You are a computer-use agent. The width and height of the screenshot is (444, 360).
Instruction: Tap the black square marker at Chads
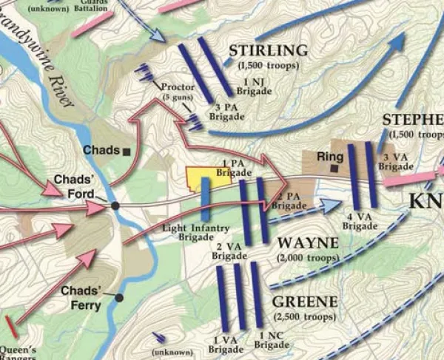[x=127, y=151]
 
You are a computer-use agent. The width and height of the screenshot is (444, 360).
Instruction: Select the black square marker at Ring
[x=335, y=169]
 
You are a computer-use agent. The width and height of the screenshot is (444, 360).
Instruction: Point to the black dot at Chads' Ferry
[x=118, y=297]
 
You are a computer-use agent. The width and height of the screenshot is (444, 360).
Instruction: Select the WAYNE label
[x=306, y=243]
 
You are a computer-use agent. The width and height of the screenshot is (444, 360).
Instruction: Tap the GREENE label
[x=305, y=302]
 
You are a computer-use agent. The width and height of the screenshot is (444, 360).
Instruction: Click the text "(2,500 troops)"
[x=305, y=317]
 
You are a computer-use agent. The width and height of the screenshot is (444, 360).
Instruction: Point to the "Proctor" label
[x=177, y=87]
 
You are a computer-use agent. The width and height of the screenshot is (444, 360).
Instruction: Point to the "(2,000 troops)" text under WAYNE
[x=306, y=258]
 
